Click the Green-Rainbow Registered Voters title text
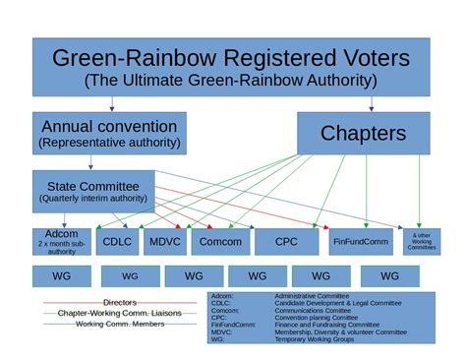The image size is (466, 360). tap(232, 57)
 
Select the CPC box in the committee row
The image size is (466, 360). tap(286, 241)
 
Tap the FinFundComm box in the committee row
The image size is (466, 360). tap(362, 241)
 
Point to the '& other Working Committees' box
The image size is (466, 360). tap(423, 241)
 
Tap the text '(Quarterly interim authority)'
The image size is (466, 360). tap(93, 198)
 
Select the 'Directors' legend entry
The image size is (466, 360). tap(119, 302)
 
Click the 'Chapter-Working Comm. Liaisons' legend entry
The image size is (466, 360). tap(119, 313)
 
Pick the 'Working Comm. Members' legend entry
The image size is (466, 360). tap(119, 324)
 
